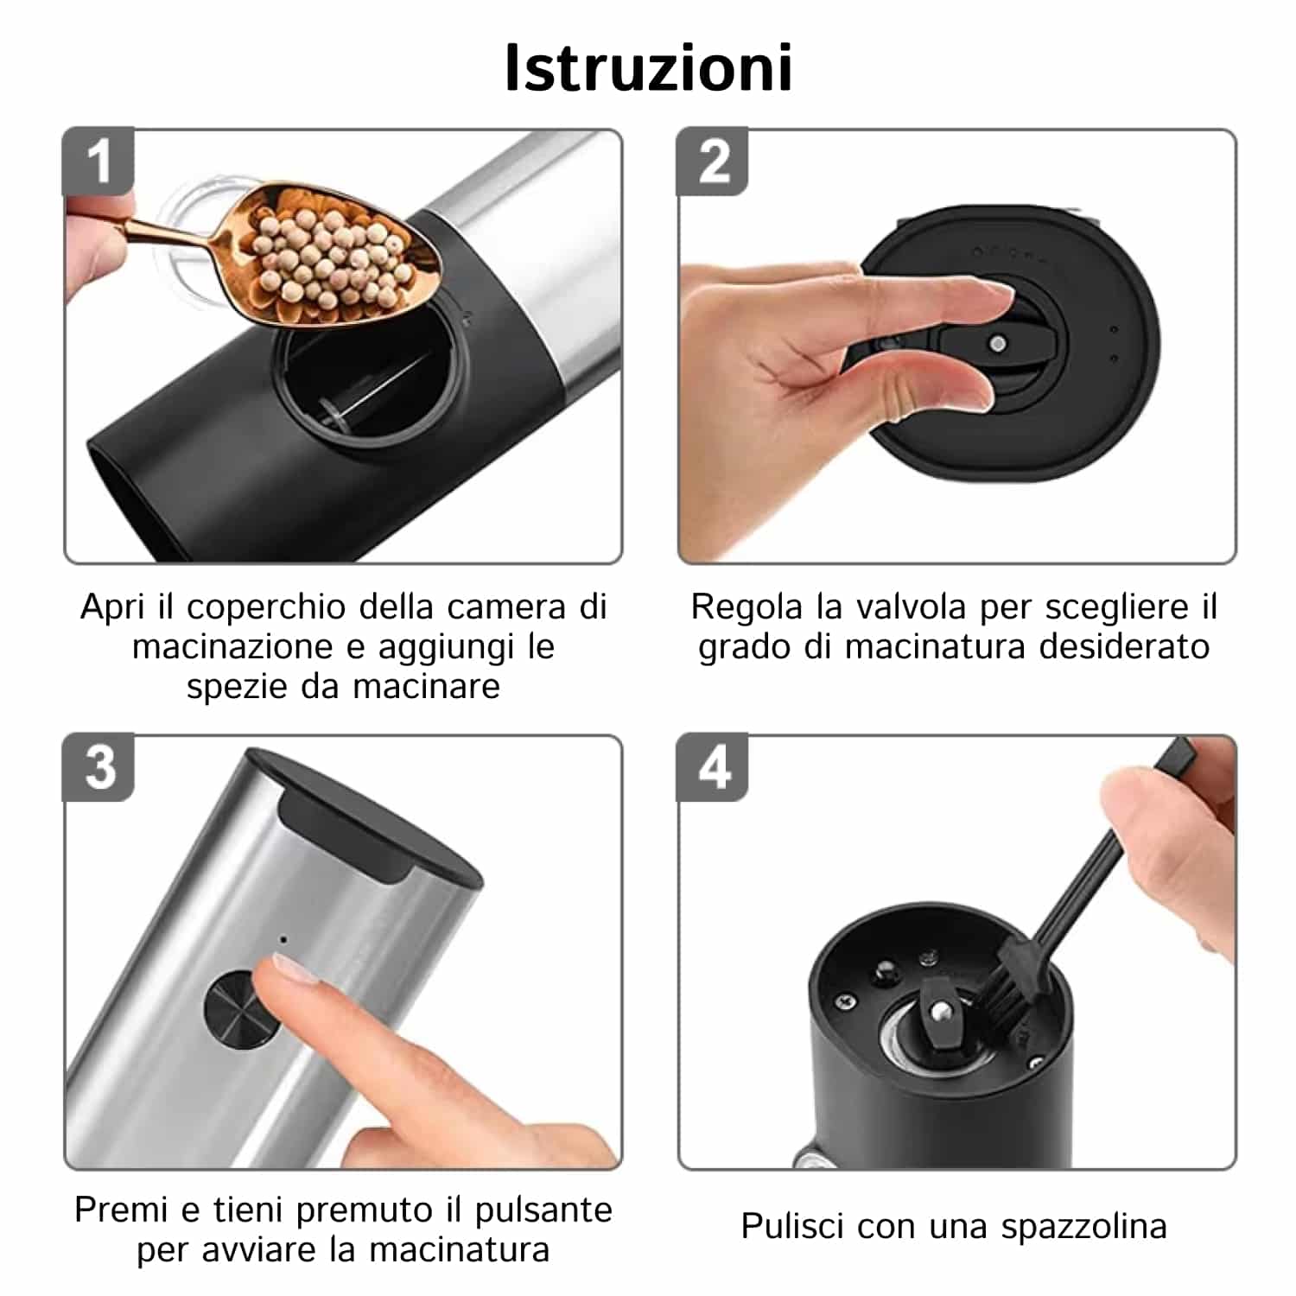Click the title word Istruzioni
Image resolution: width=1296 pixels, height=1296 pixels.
tap(648, 67)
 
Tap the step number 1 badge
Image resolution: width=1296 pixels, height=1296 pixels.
tap(98, 162)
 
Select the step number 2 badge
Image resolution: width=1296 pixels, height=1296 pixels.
tap(713, 162)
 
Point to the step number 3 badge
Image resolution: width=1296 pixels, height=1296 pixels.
tap(98, 767)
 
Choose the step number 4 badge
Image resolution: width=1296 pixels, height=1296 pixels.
tap(713, 767)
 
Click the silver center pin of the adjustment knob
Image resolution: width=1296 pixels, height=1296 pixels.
tap(998, 344)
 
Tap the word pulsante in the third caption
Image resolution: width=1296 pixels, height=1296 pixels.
tap(543, 1210)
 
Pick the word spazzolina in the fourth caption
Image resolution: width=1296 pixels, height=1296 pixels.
tap(1083, 1228)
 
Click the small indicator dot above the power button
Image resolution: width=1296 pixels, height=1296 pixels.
tap(283, 937)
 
